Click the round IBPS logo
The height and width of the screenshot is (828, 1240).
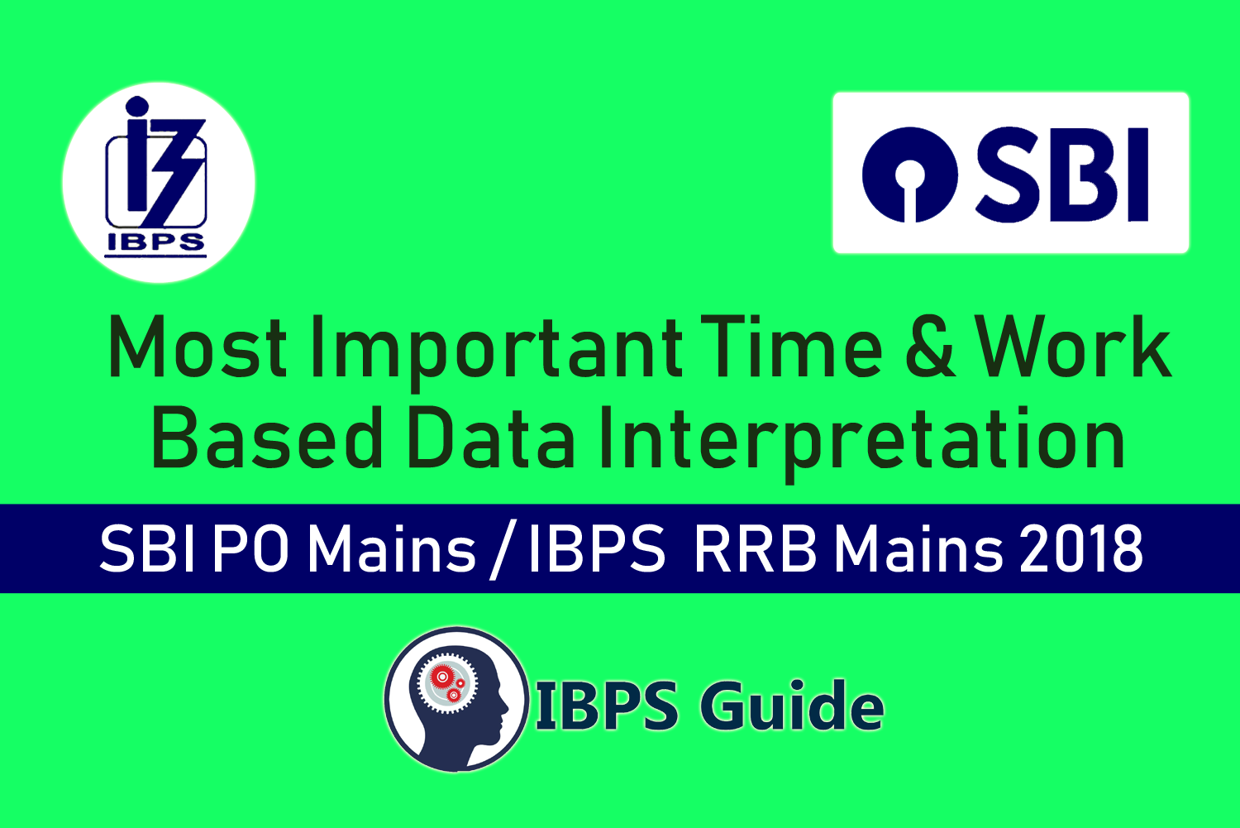point(159,183)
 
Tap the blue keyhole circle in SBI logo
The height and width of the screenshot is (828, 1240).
point(910,175)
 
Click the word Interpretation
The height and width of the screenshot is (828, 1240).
point(862,444)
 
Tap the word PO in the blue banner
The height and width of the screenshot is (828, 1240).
point(250,549)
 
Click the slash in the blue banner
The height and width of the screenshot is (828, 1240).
point(503,552)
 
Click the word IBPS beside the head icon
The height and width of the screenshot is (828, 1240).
point(608,706)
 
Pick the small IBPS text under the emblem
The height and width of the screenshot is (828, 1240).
point(155,243)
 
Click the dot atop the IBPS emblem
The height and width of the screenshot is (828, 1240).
point(136,107)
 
